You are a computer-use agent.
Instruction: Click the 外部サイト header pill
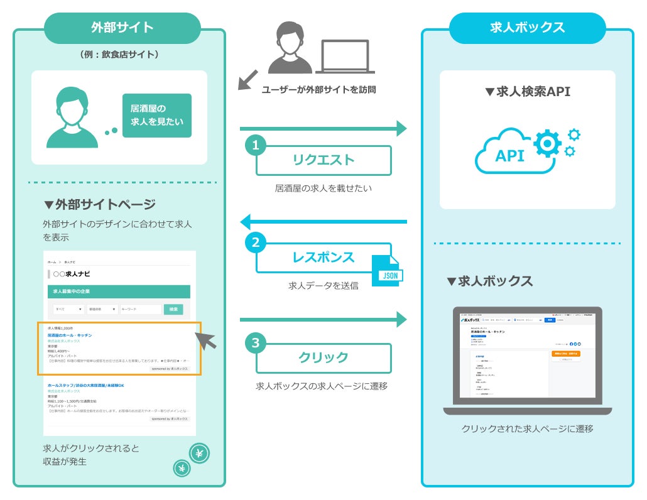click(x=122, y=28)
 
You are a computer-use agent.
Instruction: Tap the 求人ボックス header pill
click(x=527, y=28)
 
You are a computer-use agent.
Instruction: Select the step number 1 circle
click(x=255, y=146)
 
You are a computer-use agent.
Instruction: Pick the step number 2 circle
click(x=255, y=242)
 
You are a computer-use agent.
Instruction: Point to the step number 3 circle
click(x=255, y=343)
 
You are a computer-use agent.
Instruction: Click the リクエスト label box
click(x=323, y=160)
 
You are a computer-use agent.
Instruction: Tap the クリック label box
click(x=323, y=357)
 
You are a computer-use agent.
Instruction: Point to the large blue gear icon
click(x=547, y=143)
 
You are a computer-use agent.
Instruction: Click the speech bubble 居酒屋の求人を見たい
click(x=157, y=116)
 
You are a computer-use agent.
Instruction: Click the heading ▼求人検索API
click(x=527, y=92)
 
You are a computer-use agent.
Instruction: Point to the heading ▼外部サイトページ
click(x=99, y=204)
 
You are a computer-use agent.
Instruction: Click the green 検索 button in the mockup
click(x=173, y=309)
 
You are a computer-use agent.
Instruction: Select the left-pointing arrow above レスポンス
click(x=323, y=221)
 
